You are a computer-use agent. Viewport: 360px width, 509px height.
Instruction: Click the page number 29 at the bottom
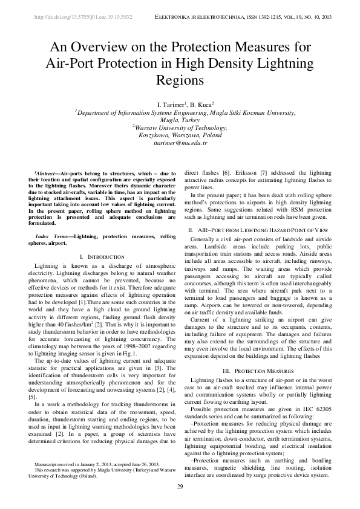(x=180, y=487)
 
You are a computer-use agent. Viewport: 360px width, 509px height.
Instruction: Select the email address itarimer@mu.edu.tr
(x=180, y=143)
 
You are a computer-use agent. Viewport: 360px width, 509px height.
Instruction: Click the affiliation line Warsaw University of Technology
(x=180, y=128)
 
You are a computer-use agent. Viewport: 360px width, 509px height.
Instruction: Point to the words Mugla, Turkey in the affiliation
(x=180, y=120)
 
